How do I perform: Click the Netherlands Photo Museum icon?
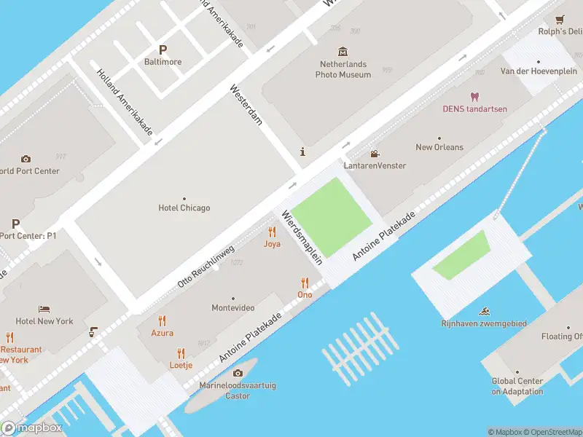pos(343,52)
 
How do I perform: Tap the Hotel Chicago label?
pos(184,208)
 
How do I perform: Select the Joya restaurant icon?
pos(272,232)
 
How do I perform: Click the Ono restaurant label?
pos(305,294)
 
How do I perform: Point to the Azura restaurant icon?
pos(162,320)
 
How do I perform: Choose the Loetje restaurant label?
pos(181,365)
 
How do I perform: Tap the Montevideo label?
pos(233,308)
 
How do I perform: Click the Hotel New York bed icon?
pos(44,309)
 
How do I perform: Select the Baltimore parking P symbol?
pos(163,50)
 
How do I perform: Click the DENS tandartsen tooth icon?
pos(474,97)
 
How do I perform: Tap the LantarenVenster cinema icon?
pos(375,154)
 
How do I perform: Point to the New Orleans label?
pos(439,147)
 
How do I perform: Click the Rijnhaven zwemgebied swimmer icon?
pos(483,312)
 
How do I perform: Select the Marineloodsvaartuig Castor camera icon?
pos(238,373)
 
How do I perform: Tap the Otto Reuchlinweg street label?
pos(206,266)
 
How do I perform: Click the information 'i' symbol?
pos(302,151)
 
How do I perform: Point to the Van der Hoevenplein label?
pos(538,71)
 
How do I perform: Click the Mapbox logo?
pos(32,428)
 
